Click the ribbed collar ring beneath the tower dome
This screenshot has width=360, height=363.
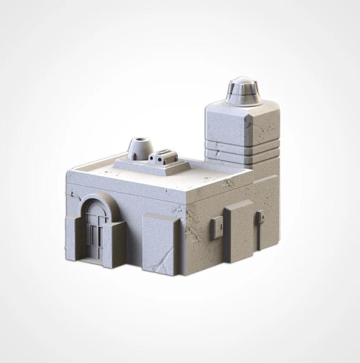(x=243, y=98)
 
